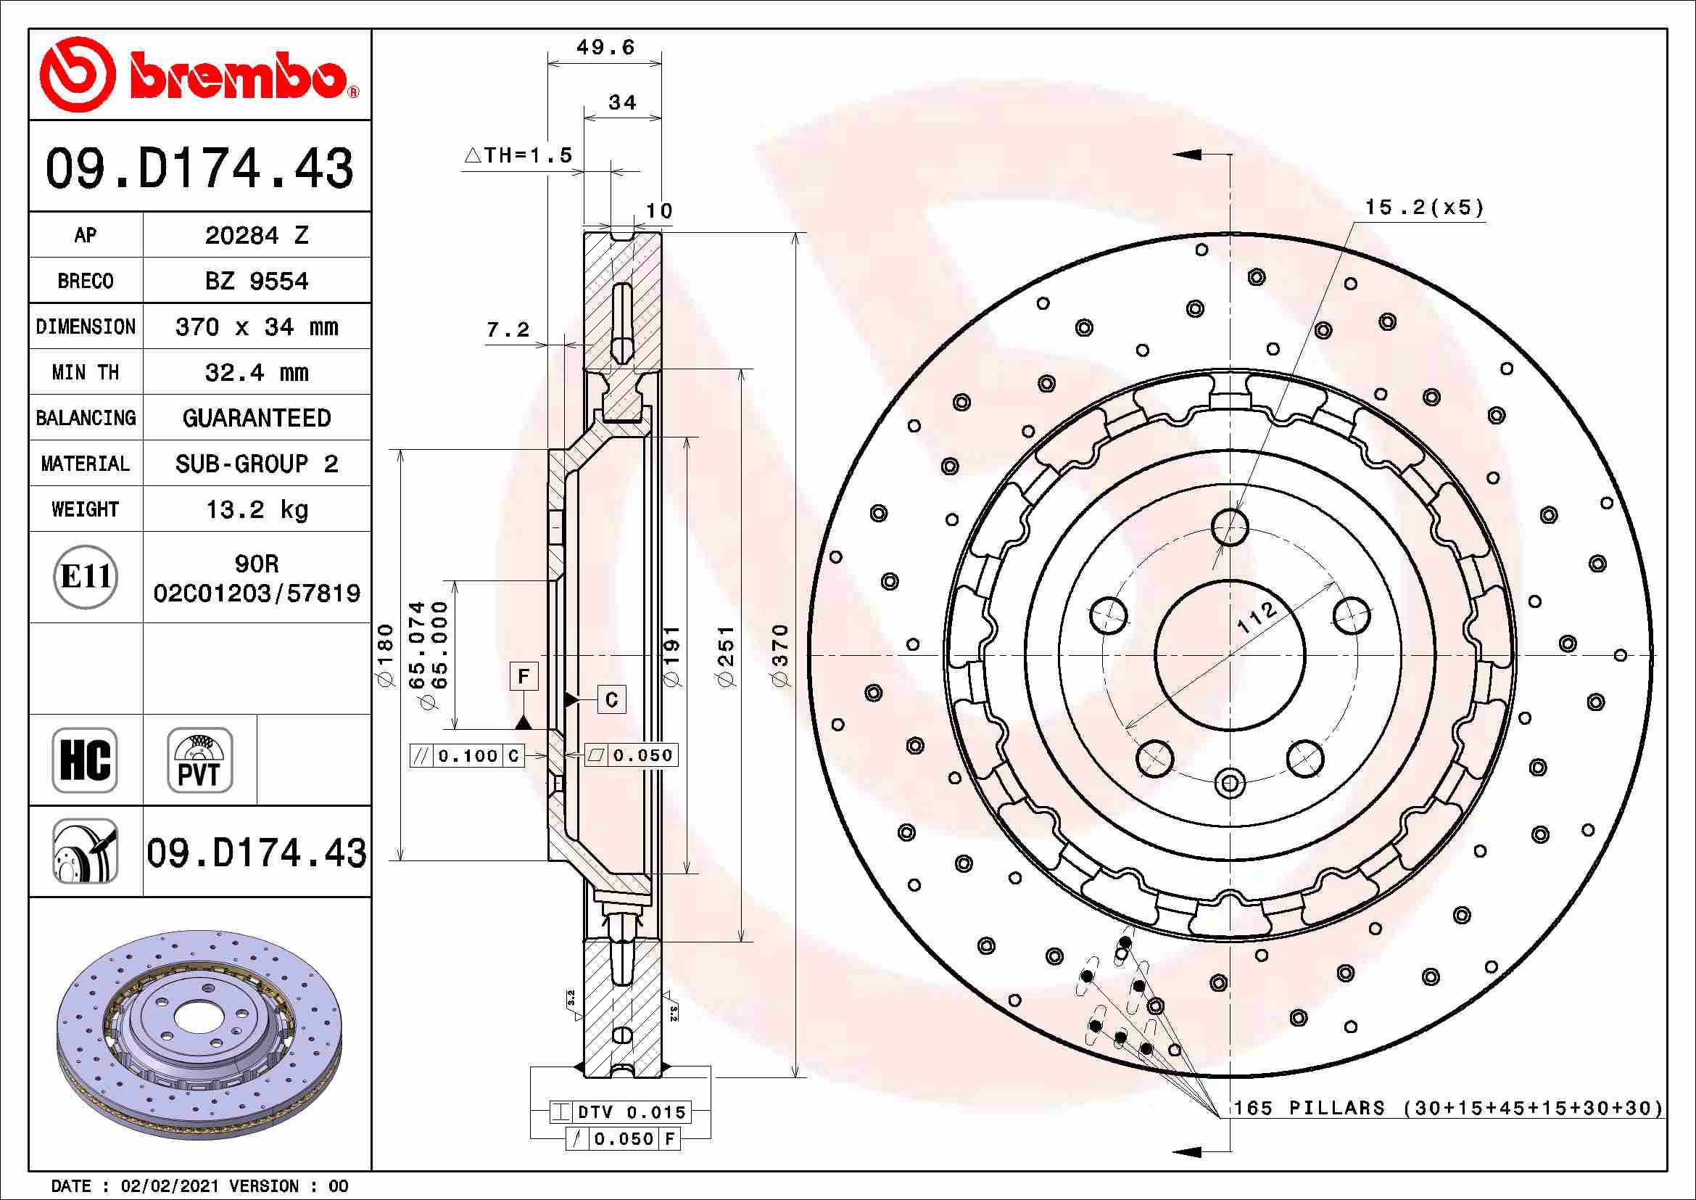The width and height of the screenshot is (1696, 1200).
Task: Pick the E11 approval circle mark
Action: (x=86, y=576)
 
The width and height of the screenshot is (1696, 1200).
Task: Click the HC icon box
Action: (x=85, y=760)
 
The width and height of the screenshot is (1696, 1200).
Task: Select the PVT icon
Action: (x=199, y=760)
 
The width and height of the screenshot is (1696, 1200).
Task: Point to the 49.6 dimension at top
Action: (x=605, y=48)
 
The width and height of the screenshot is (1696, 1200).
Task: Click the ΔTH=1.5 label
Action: (x=519, y=155)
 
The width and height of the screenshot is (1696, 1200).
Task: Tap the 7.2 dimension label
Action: (x=508, y=329)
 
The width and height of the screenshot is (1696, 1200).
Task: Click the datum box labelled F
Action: (x=524, y=676)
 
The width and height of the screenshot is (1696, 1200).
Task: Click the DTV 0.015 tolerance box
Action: (x=621, y=1111)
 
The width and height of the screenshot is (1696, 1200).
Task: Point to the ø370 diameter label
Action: (x=781, y=654)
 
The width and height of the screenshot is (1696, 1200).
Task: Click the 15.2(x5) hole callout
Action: (x=1423, y=207)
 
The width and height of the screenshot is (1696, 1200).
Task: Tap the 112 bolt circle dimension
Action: (x=1256, y=617)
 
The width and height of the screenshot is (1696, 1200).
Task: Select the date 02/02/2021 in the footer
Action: (x=169, y=1186)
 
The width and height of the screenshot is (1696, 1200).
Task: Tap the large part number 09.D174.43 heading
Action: (x=199, y=168)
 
